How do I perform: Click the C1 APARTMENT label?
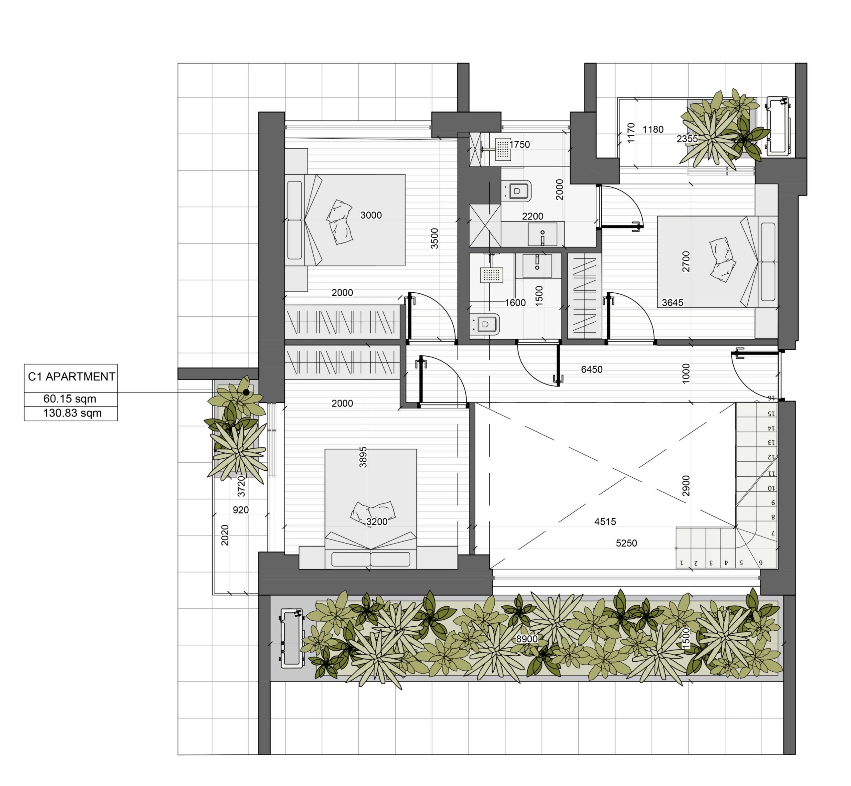(71, 377)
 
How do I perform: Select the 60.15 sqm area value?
(70, 399)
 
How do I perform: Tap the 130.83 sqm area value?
(72, 413)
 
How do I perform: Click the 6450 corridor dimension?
(592, 369)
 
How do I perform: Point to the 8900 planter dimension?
(527, 639)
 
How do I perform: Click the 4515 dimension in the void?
(605, 522)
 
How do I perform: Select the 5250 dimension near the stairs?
(626, 543)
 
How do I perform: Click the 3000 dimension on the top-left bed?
(371, 215)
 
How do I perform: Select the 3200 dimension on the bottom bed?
(377, 522)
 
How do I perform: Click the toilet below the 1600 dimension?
(485, 325)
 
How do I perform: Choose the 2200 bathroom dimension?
(533, 217)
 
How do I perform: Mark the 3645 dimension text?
(672, 303)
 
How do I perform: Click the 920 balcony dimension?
(241, 510)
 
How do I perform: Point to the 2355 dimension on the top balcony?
(687, 139)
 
